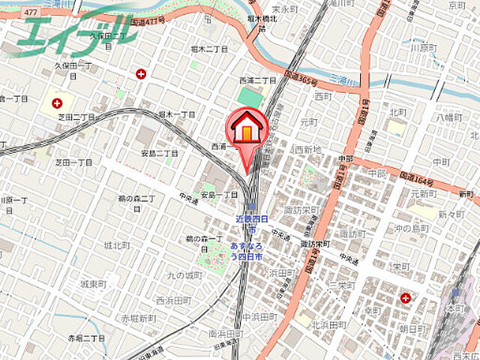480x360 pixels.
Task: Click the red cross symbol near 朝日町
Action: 406,298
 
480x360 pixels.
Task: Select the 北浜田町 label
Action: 328,324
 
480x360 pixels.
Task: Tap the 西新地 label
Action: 308,149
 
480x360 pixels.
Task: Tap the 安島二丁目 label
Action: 160,153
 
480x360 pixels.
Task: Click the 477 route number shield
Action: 31,13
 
